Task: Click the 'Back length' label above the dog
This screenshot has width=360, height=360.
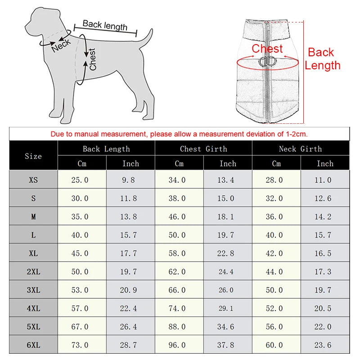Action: pyautogui.click(x=105, y=25)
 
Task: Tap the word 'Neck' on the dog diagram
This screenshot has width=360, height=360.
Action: pyautogui.click(x=61, y=45)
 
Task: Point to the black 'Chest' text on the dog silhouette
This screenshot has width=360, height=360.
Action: pyautogui.click(x=93, y=59)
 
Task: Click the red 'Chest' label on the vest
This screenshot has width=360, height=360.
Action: pyautogui.click(x=267, y=49)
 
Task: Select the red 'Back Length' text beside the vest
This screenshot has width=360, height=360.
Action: pyautogui.click(x=322, y=59)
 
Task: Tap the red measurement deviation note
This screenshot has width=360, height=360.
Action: pyautogui.click(x=179, y=134)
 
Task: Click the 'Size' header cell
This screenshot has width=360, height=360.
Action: pyautogui.click(x=33, y=156)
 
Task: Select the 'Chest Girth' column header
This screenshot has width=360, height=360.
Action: pyautogui.click(x=203, y=149)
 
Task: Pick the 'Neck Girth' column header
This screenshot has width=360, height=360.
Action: pyautogui.click(x=300, y=149)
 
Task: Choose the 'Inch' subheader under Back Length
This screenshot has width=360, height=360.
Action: pyautogui.click(x=130, y=163)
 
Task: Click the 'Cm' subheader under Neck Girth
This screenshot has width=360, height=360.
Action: pyautogui.click(x=276, y=163)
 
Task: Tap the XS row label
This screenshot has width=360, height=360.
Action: pyautogui.click(x=33, y=180)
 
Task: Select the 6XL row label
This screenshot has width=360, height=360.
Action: pyautogui.click(x=33, y=345)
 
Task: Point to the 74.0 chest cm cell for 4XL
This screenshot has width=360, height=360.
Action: pyautogui.click(x=177, y=308)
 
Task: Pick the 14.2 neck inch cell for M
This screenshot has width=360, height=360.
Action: pyautogui.click(x=323, y=216)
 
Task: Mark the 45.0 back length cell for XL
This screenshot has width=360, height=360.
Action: pyautogui.click(x=80, y=253)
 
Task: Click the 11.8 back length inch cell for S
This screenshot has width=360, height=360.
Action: pyautogui.click(x=128, y=198)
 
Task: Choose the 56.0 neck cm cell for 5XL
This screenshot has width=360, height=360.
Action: pyautogui.click(x=274, y=327)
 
